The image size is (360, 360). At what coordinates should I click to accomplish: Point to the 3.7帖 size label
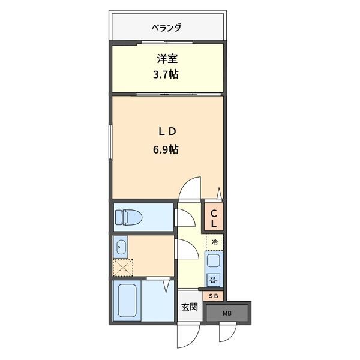pyautogui.click(x=166, y=75)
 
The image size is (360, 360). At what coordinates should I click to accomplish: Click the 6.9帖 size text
pyautogui.click(x=166, y=148)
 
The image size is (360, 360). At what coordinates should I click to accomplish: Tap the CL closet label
pyautogui.click(x=214, y=217)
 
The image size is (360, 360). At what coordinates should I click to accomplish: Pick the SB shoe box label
pyautogui.click(x=214, y=295)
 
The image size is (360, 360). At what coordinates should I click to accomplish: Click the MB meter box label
pyautogui.click(x=227, y=313)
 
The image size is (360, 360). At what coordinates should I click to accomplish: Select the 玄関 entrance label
pyautogui.click(x=189, y=307)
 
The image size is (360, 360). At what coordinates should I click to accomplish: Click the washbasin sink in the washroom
pyautogui.click(x=121, y=246)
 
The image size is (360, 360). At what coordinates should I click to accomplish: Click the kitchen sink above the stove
pyautogui.click(x=214, y=260)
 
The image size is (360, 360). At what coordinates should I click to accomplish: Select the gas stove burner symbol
pyautogui.click(x=214, y=279)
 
